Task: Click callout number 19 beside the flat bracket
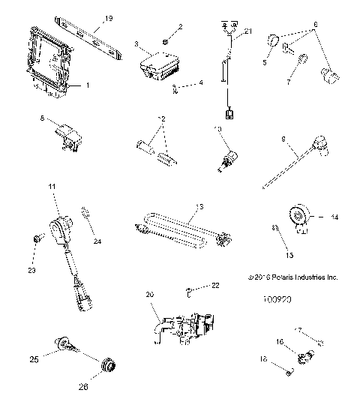(x=108, y=17)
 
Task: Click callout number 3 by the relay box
(x=136, y=45)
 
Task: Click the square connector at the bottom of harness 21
(x=228, y=114)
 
